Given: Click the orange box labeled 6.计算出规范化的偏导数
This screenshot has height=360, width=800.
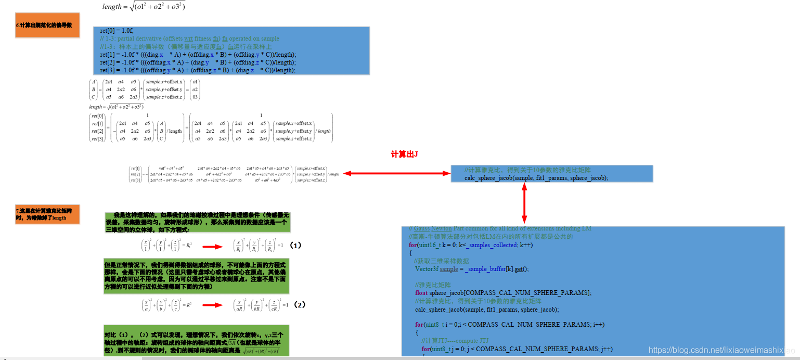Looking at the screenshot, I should pyautogui.click(x=47, y=25).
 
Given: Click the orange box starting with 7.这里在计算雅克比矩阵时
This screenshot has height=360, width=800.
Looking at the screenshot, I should pyautogui.click(x=47, y=214).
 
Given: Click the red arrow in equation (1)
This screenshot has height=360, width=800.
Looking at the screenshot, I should pyautogui.click(x=212, y=247).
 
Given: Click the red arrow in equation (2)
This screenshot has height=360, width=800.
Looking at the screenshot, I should pyautogui.click(x=212, y=305).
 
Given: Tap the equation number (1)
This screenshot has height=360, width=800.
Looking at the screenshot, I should pyautogui.click(x=295, y=245).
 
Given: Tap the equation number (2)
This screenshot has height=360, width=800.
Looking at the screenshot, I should pyautogui.click(x=299, y=304).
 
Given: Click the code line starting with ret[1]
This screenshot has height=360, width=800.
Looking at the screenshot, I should pyautogui.click(x=198, y=55).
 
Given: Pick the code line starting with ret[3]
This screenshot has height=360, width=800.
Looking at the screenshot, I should pyautogui.click(x=198, y=70).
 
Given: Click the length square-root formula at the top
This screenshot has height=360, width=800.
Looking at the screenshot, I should pyautogui.click(x=144, y=6).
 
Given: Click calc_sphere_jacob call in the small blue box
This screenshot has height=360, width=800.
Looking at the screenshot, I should pyautogui.click(x=536, y=177).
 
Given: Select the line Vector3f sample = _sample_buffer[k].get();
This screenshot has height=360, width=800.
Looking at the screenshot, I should pyautogui.click(x=471, y=269).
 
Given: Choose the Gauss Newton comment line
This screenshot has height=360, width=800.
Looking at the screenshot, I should pyautogui.click(x=499, y=228).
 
